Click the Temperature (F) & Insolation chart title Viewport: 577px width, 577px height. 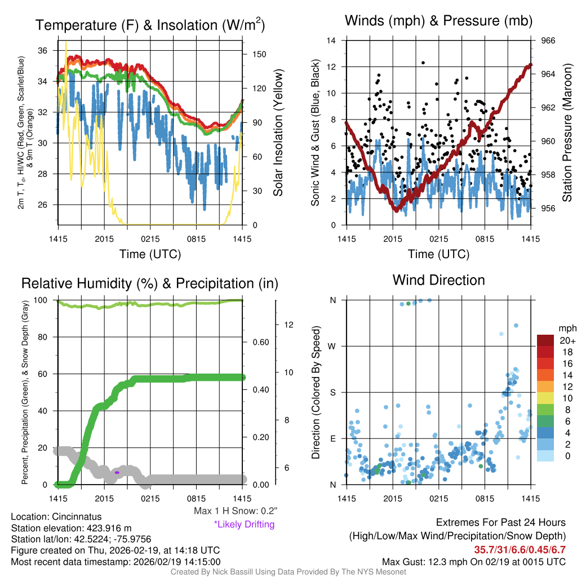point(150,25)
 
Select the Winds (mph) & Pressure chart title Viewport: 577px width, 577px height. point(439,21)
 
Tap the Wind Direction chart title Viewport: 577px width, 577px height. point(438,280)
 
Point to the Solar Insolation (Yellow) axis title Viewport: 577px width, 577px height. point(278,132)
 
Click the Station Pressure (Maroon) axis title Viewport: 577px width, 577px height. point(567,132)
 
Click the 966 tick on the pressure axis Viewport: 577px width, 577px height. point(548,41)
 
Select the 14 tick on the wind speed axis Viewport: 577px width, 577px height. point(332,41)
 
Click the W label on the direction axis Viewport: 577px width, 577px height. point(333,346)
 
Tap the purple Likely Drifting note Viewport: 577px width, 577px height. point(244,524)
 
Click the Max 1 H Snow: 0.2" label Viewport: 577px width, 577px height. point(236,511)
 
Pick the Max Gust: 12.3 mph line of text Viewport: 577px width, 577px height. point(473,562)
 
